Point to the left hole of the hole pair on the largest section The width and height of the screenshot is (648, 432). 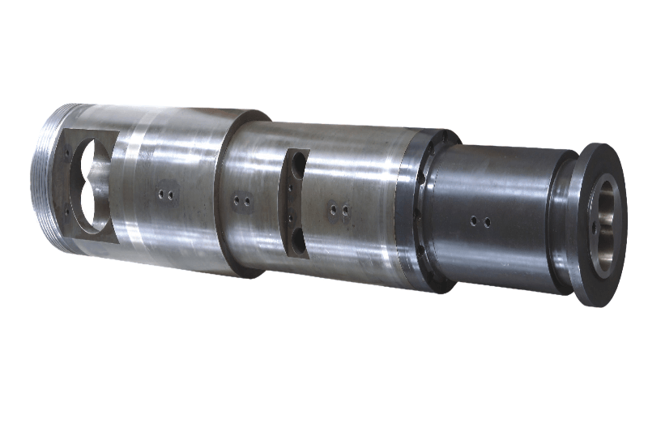tap(163, 195)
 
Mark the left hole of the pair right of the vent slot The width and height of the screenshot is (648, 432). tap(334, 210)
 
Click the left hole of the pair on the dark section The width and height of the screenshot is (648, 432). tap(474, 220)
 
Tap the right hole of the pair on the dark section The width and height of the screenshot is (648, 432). tap(486, 221)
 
